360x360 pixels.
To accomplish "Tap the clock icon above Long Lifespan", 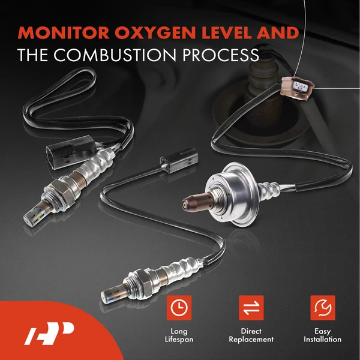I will tap(178, 308).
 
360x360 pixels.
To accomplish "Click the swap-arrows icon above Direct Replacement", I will tap(251, 308).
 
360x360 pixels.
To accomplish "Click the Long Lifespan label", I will tap(178, 335).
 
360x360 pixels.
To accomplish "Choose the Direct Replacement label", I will tap(251, 335).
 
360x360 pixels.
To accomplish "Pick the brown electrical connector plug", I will tap(294, 87).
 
